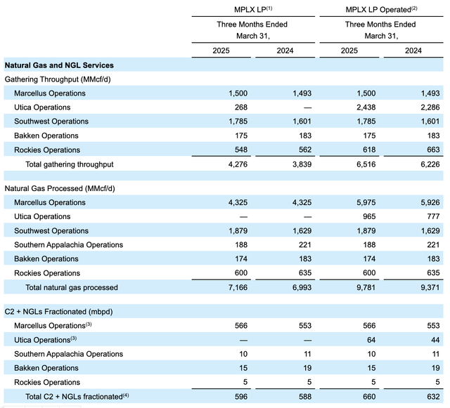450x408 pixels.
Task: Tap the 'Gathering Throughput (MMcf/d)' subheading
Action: tap(63, 79)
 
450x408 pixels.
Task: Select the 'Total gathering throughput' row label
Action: tap(69, 164)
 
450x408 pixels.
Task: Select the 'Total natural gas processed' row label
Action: tap(71, 287)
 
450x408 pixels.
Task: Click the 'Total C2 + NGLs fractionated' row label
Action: tap(73, 397)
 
